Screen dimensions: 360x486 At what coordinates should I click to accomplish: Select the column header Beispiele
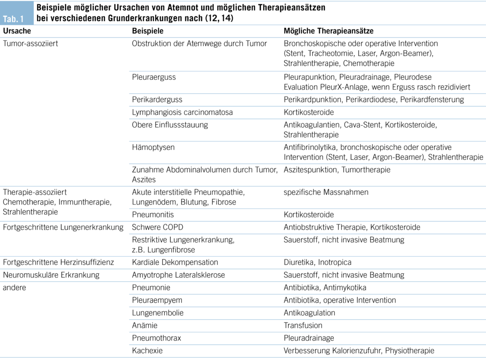[148, 31]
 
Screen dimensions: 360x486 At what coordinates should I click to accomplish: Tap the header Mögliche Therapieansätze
[328, 31]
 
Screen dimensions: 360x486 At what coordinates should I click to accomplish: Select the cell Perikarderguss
[157, 100]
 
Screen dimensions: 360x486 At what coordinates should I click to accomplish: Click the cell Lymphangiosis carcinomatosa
[176, 112]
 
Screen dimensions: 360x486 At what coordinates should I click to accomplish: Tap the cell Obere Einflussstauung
[169, 125]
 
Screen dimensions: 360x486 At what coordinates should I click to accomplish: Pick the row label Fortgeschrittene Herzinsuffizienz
[58, 262]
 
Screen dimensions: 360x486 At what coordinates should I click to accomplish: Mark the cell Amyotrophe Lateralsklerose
[178, 275]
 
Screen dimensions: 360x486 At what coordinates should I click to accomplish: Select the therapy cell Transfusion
[303, 325]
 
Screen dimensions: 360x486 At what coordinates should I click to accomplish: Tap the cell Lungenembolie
[158, 313]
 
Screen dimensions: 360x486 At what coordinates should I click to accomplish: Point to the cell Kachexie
[147, 351]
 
